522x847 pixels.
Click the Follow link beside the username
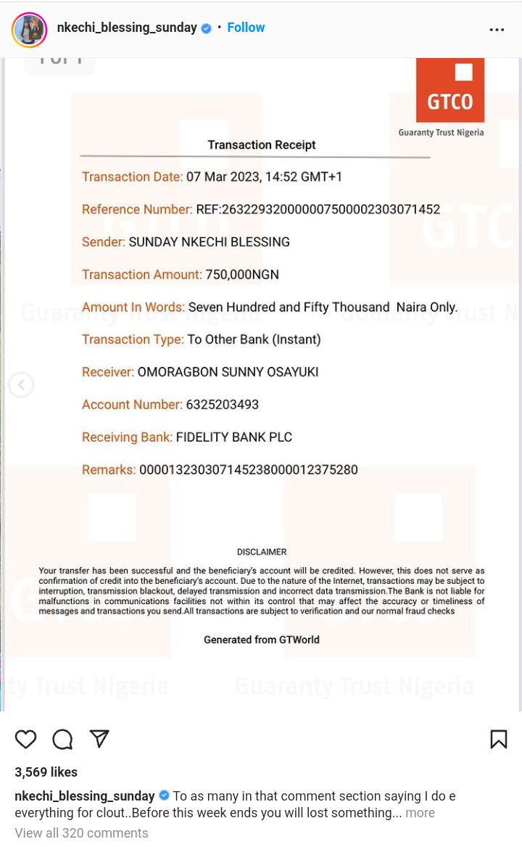246,28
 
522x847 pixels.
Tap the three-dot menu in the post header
497,30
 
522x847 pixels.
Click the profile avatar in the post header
29,30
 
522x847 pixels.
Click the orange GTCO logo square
449,90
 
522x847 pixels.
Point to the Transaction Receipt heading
262,145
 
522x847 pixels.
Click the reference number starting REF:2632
318,210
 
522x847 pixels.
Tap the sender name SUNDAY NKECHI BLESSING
209,242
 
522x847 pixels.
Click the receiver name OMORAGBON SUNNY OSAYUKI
228,372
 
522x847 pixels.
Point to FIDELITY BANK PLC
234,437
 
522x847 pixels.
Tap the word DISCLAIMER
262,552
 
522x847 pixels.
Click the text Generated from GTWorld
262,640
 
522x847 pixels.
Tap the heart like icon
26,739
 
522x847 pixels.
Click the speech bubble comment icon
62,739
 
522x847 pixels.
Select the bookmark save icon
498,739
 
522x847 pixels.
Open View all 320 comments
81,833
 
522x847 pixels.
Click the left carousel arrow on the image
21,384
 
